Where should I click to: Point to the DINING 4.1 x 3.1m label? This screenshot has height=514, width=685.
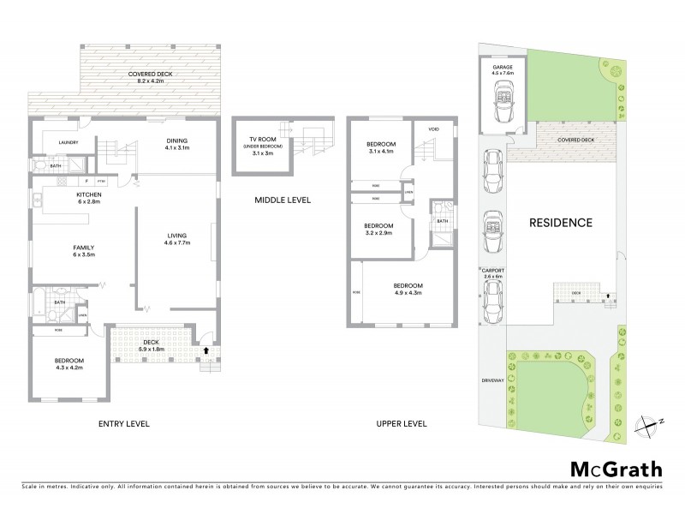coord(177,145)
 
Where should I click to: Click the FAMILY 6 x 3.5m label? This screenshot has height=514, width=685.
coord(83,250)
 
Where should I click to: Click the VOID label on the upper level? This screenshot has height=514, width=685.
coord(433,129)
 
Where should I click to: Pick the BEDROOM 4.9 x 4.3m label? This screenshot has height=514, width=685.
coord(408,289)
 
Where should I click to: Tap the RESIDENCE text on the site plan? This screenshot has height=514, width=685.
coord(561,223)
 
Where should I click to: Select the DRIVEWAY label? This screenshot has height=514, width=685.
coord(490,378)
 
